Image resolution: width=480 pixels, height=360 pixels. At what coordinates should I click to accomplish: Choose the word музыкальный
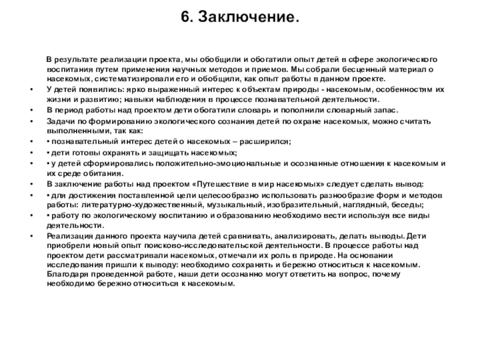[232, 205]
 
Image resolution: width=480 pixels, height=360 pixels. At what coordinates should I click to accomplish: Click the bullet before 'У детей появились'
[31, 89]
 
